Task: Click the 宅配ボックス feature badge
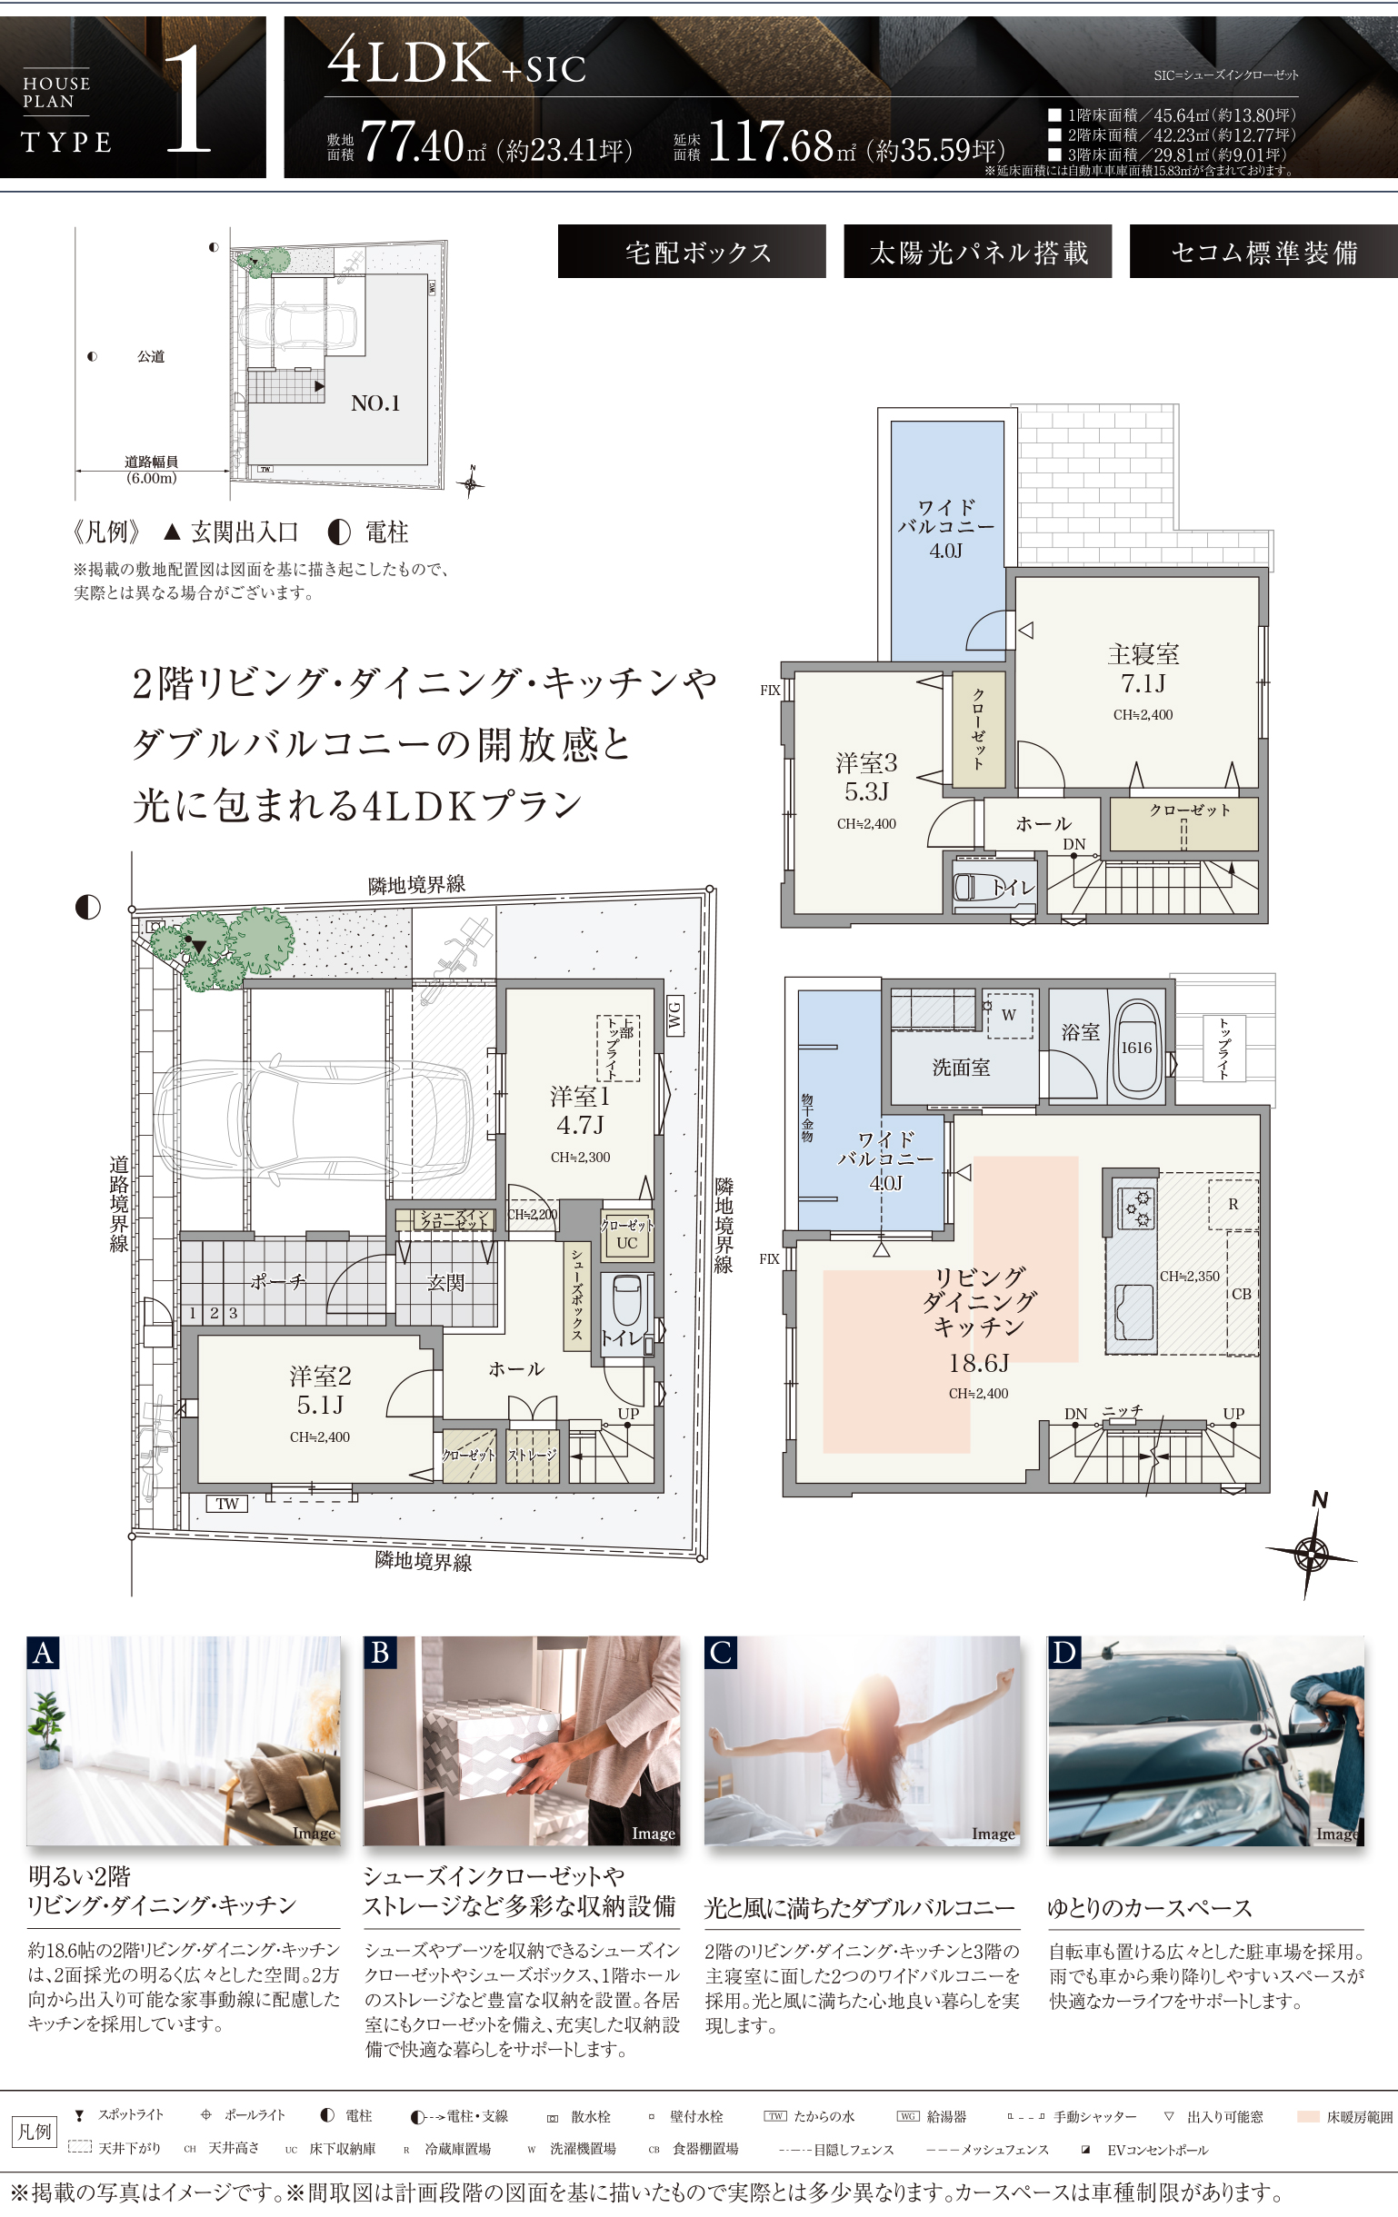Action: (692, 253)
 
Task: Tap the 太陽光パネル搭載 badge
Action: (977, 253)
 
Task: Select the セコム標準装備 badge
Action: (1263, 253)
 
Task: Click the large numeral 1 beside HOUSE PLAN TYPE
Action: (188, 99)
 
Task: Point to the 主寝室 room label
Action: (1143, 655)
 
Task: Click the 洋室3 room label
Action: (865, 763)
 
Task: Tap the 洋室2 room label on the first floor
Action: (320, 1377)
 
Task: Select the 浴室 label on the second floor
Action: (1079, 1032)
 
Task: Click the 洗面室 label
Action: (961, 1068)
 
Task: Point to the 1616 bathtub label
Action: (1135, 1048)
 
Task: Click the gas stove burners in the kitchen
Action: (1133, 1208)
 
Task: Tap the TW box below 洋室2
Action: (226, 1504)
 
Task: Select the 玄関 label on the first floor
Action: (445, 1283)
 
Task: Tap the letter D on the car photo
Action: (1063, 1654)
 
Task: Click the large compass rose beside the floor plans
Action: (1312, 1554)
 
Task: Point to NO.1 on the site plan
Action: (374, 403)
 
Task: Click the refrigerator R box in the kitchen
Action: (1233, 1204)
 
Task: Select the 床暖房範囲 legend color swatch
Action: (1308, 2117)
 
